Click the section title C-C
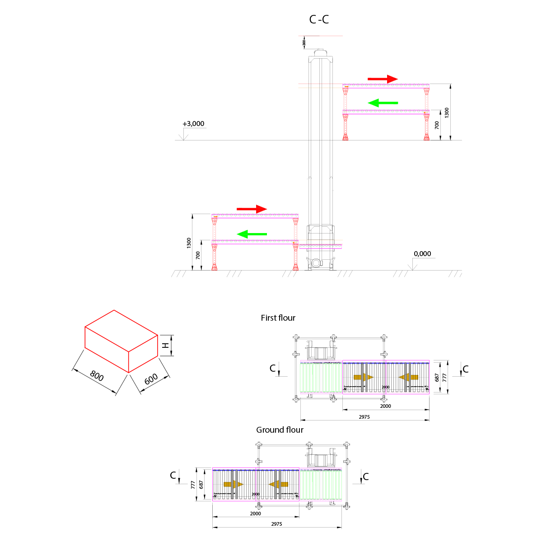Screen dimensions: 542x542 tap(319, 19)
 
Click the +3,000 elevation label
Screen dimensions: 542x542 tap(193, 124)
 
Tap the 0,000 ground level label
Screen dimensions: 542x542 tap(422, 254)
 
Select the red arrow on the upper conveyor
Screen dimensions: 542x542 tap(383, 79)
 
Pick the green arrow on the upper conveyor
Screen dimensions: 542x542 tap(383, 103)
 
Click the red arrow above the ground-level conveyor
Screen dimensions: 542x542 tap(252, 209)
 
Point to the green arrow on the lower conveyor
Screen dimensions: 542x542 tap(252, 234)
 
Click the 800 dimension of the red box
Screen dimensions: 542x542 tap(97, 375)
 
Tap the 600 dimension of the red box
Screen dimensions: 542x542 tap(151, 379)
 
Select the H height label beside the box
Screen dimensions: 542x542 tap(166, 346)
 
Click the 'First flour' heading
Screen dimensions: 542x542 tap(278, 318)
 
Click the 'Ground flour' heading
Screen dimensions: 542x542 tap(280, 430)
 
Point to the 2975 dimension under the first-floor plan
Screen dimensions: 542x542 tap(364, 417)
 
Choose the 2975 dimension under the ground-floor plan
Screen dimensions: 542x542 tap(276, 524)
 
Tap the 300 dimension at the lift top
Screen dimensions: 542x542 tap(304, 43)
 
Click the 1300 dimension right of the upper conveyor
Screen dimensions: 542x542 tap(447, 113)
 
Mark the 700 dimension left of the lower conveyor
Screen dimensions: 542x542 tap(198, 255)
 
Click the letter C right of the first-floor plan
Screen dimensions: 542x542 tap(466, 369)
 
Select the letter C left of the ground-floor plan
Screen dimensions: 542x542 tap(173, 475)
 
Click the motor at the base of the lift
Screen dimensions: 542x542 tap(316, 262)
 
